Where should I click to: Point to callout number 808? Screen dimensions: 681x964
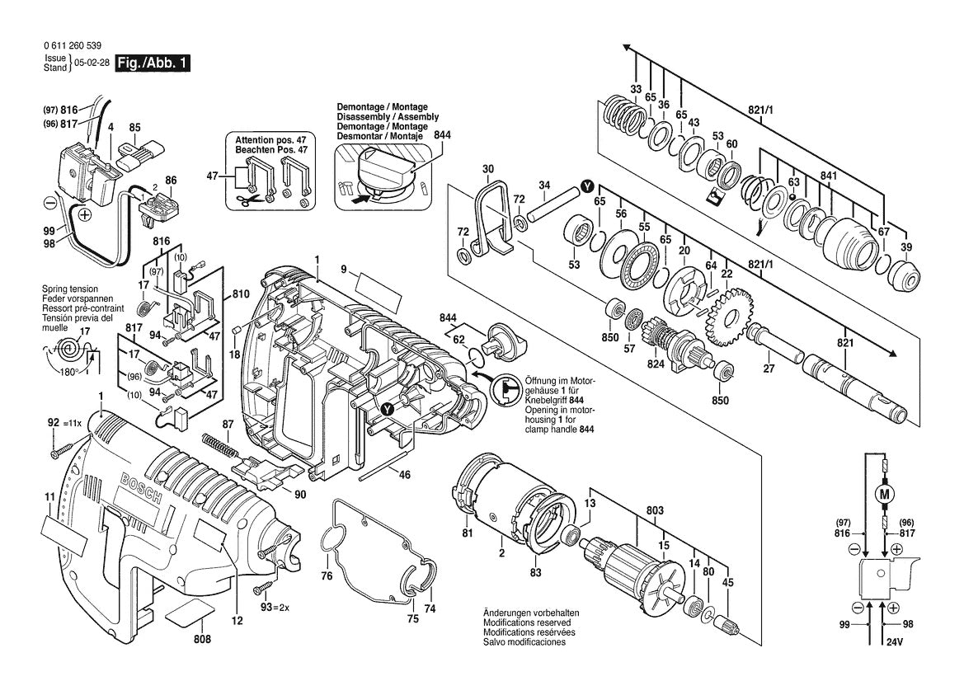pos(201,640)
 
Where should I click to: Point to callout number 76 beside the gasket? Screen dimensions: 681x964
pos(327,575)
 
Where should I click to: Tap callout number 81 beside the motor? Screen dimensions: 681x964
pos(468,533)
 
